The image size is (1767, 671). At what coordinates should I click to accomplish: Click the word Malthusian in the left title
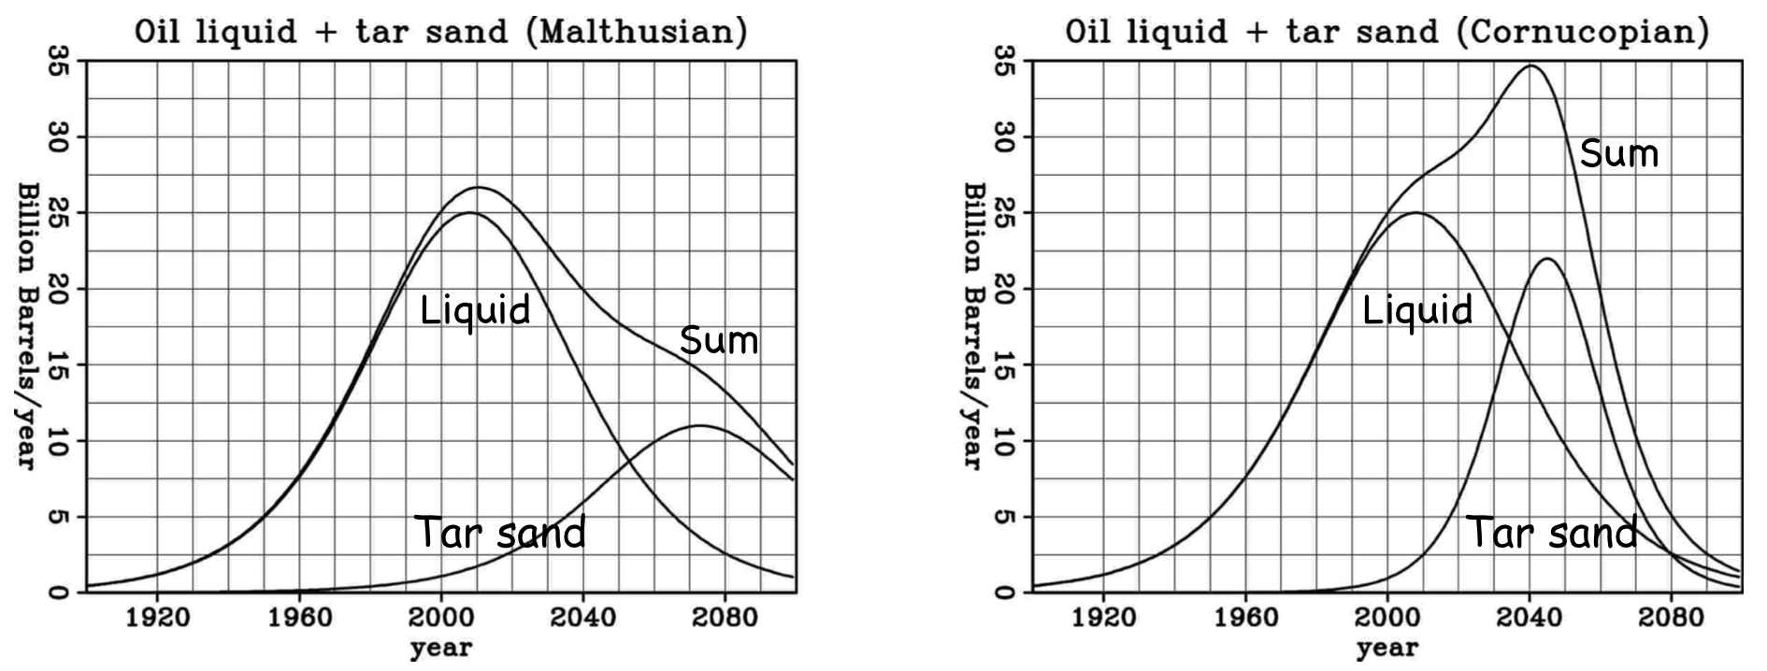click(x=637, y=32)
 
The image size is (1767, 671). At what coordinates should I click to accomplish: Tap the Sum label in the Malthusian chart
click(x=719, y=340)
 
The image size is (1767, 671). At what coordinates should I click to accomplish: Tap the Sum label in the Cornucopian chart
click(x=1619, y=153)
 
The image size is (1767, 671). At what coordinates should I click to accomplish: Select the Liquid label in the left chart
click(x=475, y=309)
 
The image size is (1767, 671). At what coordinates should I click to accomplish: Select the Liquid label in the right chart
click(x=1417, y=309)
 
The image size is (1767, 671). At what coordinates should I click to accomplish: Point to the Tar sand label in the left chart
click(x=500, y=532)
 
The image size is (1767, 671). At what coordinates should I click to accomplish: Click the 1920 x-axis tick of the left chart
click(x=157, y=618)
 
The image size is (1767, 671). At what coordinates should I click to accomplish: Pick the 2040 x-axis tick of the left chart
click(x=583, y=618)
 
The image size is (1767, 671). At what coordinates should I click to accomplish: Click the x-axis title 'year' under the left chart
click(x=441, y=648)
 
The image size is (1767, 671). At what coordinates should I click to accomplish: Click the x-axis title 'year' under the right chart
click(x=1387, y=648)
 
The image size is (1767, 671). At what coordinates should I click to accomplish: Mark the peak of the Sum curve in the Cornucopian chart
click(x=1530, y=65)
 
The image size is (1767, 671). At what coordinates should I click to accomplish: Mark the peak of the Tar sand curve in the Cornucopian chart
click(x=1546, y=259)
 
